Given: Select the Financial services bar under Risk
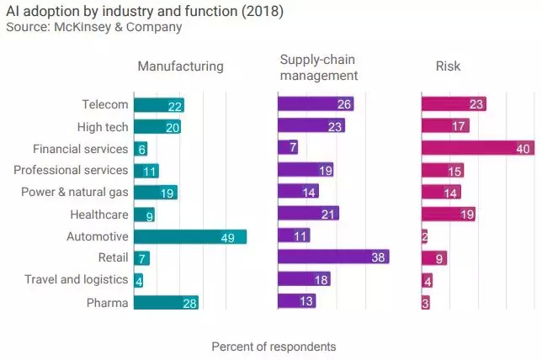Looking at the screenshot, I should [x=478, y=148].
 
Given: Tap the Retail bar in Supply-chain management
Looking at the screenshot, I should [x=333, y=257].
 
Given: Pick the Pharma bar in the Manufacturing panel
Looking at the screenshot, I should [x=165, y=302].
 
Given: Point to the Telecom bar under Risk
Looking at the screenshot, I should [x=454, y=104].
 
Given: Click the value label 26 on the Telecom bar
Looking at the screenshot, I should [x=343, y=105].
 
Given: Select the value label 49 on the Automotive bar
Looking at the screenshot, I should [x=227, y=237].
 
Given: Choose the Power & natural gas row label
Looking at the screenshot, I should [x=75, y=192].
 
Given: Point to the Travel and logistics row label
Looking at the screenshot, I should [x=76, y=279].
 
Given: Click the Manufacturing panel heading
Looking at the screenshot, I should [x=180, y=66].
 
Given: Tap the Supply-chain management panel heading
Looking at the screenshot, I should [x=319, y=67].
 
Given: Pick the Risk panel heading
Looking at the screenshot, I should [x=448, y=66].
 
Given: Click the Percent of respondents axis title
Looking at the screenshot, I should [x=274, y=347].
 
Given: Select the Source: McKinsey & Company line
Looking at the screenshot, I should [x=93, y=27].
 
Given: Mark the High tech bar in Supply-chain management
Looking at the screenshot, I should [x=311, y=126].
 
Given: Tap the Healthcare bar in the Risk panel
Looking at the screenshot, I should [x=449, y=214].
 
